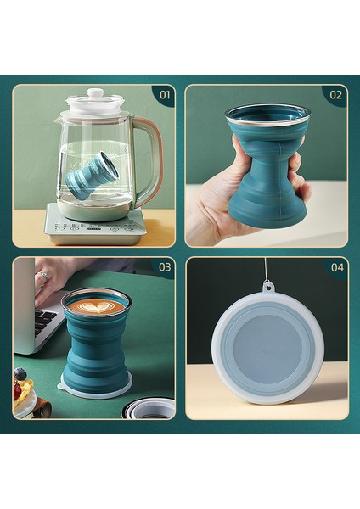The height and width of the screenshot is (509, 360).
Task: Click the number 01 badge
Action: click(164, 94)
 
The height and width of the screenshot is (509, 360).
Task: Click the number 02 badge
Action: click(336, 94)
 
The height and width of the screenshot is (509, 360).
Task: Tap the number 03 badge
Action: click(164, 267)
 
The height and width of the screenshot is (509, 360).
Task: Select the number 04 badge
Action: click(336, 267)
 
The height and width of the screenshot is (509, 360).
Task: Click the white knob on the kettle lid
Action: click(95, 92)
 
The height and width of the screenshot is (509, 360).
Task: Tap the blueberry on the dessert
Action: click(20, 373)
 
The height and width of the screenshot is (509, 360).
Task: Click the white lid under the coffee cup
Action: click(95, 391)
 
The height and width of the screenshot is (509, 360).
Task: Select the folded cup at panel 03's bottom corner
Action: click(149, 408)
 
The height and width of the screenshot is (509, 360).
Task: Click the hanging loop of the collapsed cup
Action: click(268, 287)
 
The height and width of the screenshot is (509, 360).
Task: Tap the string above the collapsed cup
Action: click(266, 270)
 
